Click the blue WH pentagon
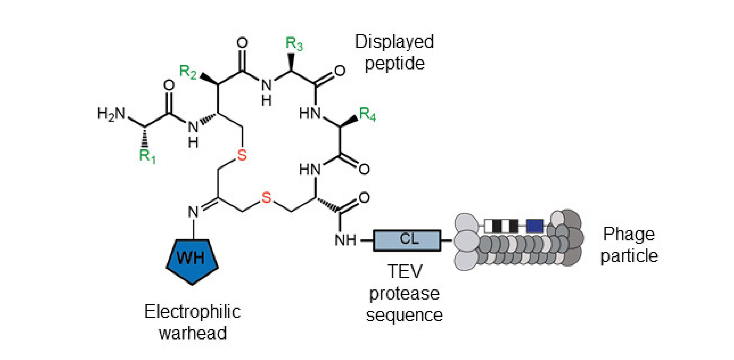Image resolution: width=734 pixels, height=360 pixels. click(192, 260)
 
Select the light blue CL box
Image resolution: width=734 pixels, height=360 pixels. click(407, 240)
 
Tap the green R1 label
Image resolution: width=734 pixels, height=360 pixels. click(147, 156)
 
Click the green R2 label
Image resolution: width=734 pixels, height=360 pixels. click(188, 71)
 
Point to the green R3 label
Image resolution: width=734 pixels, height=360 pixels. click(294, 43)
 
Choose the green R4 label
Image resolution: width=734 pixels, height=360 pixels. click(367, 114)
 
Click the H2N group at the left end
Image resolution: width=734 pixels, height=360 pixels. click(111, 113)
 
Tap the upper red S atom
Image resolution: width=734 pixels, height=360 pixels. click(242, 155)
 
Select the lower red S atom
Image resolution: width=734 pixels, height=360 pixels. click(266, 197)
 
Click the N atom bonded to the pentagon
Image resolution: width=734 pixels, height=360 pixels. click(194, 212)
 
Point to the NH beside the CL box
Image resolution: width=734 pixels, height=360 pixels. click(345, 240)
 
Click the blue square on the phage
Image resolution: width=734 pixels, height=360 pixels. click(535, 226)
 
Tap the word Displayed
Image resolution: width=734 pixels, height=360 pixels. click(394, 41)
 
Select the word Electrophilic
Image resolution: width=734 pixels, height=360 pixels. click(192, 312)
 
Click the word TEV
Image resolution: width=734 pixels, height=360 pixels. click(405, 272)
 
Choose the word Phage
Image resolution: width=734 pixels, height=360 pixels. click(628, 234)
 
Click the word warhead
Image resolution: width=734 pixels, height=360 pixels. click(193, 333)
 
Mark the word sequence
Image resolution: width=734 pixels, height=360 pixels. click(404, 315)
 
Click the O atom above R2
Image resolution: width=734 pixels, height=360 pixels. click(242, 43)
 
